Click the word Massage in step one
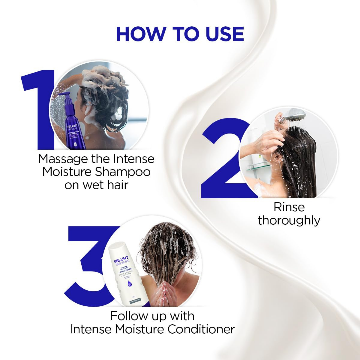(63, 159)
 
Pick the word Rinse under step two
(289, 207)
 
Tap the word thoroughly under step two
(289, 220)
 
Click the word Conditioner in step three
(201, 329)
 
